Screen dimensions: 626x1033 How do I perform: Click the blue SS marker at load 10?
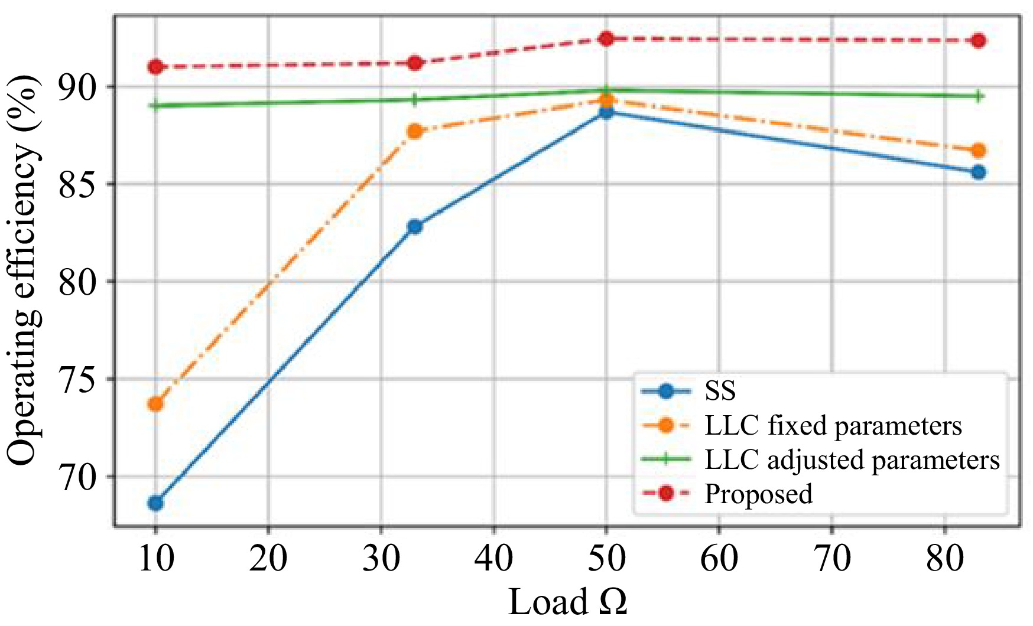155,503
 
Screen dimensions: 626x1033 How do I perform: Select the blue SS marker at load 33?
415,226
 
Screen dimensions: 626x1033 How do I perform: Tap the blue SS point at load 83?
979,172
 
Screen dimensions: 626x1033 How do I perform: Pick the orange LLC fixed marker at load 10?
155,405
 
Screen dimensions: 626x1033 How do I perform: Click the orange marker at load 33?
415,131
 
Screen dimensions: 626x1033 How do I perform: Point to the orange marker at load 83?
979,151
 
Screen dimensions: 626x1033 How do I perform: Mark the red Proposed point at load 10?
155,67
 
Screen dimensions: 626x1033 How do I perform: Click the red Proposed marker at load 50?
606,39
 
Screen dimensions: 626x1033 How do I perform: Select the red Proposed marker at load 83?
979,41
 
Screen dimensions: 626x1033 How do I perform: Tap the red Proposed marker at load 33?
415,63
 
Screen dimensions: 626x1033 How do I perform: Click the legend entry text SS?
720,391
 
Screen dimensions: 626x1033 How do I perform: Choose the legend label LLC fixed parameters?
833,425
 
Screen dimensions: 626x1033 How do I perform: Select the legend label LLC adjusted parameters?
852,459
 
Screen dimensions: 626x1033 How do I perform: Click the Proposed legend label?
758,494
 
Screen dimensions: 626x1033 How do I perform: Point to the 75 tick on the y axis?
77,380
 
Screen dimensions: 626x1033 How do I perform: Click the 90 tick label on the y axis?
77,87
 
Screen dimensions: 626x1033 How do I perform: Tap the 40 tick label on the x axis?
494,557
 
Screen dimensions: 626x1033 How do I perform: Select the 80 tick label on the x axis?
944,557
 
